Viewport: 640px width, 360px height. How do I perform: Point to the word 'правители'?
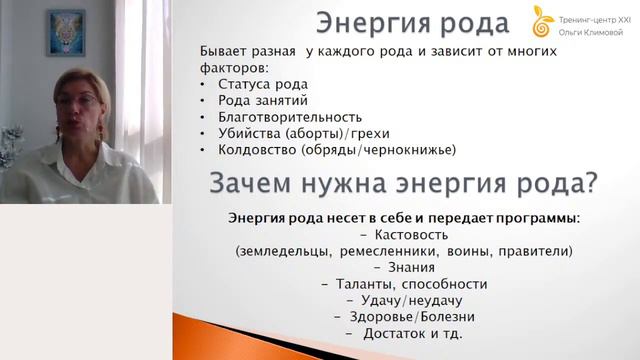point(535,250)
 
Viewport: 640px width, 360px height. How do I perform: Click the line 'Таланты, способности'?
point(404,284)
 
